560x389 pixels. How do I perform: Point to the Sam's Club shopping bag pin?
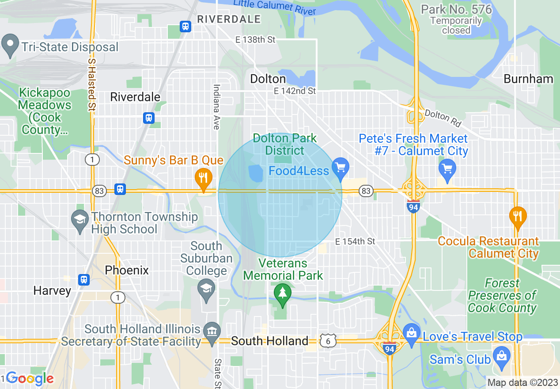tap(502, 356)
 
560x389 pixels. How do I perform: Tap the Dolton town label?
tap(268, 79)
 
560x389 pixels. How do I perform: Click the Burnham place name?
tap(528, 79)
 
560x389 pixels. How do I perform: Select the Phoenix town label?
tap(127, 270)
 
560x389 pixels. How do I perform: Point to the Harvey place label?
tap(52, 290)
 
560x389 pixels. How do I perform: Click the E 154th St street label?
tap(355, 241)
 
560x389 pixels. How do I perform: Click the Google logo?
tap(30, 378)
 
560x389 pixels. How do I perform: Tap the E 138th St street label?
tap(255, 40)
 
